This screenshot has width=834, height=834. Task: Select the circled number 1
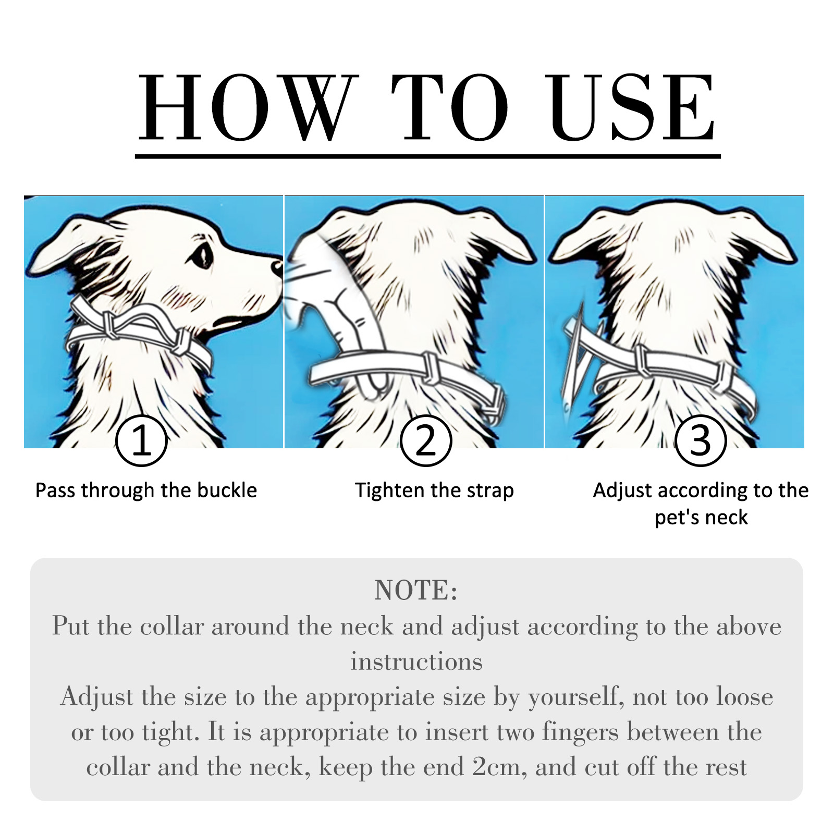[141, 440]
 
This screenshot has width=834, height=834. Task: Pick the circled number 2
[426, 440]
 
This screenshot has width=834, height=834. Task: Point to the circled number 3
[700, 440]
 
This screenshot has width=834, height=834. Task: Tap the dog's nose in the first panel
[277, 268]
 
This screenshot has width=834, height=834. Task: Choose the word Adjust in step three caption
[623, 491]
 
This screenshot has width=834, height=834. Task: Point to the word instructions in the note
[416, 661]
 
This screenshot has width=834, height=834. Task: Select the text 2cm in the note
[500, 767]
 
